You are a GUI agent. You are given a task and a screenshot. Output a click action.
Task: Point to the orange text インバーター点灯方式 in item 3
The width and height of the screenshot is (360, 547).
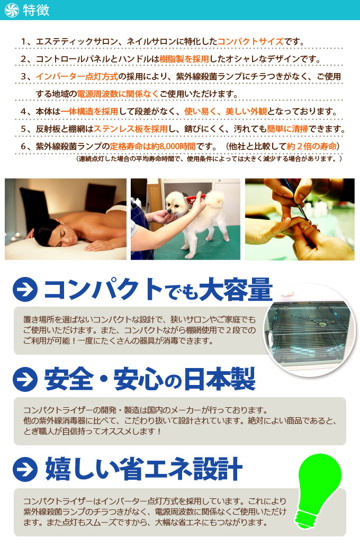click(x=77, y=77)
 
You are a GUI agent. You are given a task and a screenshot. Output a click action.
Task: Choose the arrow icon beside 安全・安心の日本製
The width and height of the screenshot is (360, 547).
click(x=25, y=380)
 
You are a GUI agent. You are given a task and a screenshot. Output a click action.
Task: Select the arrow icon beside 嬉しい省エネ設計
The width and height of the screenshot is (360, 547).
click(x=25, y=469)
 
